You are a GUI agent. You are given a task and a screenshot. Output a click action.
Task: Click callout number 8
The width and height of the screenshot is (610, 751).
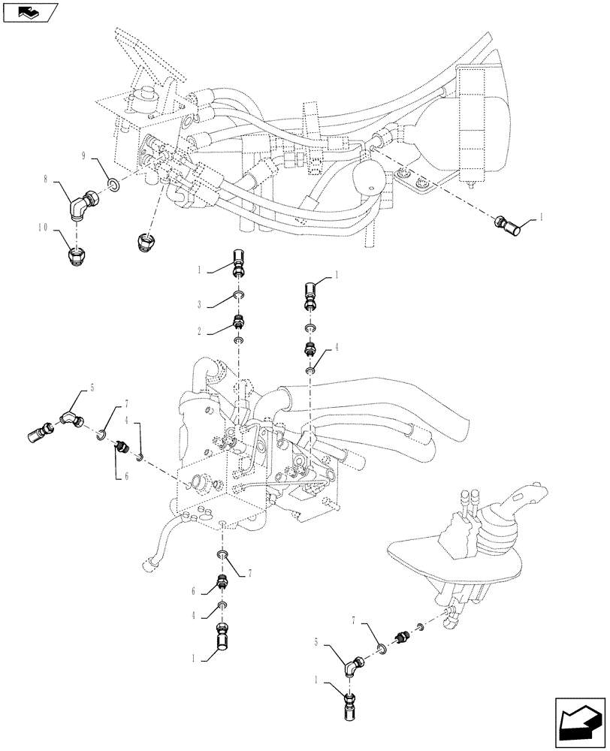tap(46, 180)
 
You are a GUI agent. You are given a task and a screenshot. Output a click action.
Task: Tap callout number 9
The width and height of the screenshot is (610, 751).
tap(85, 155)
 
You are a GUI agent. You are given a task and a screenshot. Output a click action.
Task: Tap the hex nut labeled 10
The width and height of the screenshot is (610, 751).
tap(77, 257)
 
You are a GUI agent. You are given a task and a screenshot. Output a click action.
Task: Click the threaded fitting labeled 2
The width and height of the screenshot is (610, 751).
tap(238, 322)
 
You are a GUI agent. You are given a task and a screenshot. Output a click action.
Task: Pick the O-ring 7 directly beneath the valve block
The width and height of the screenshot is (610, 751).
tap(222, 554)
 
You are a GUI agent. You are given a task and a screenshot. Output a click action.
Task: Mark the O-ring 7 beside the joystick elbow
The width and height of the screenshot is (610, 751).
tap(382, 647)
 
